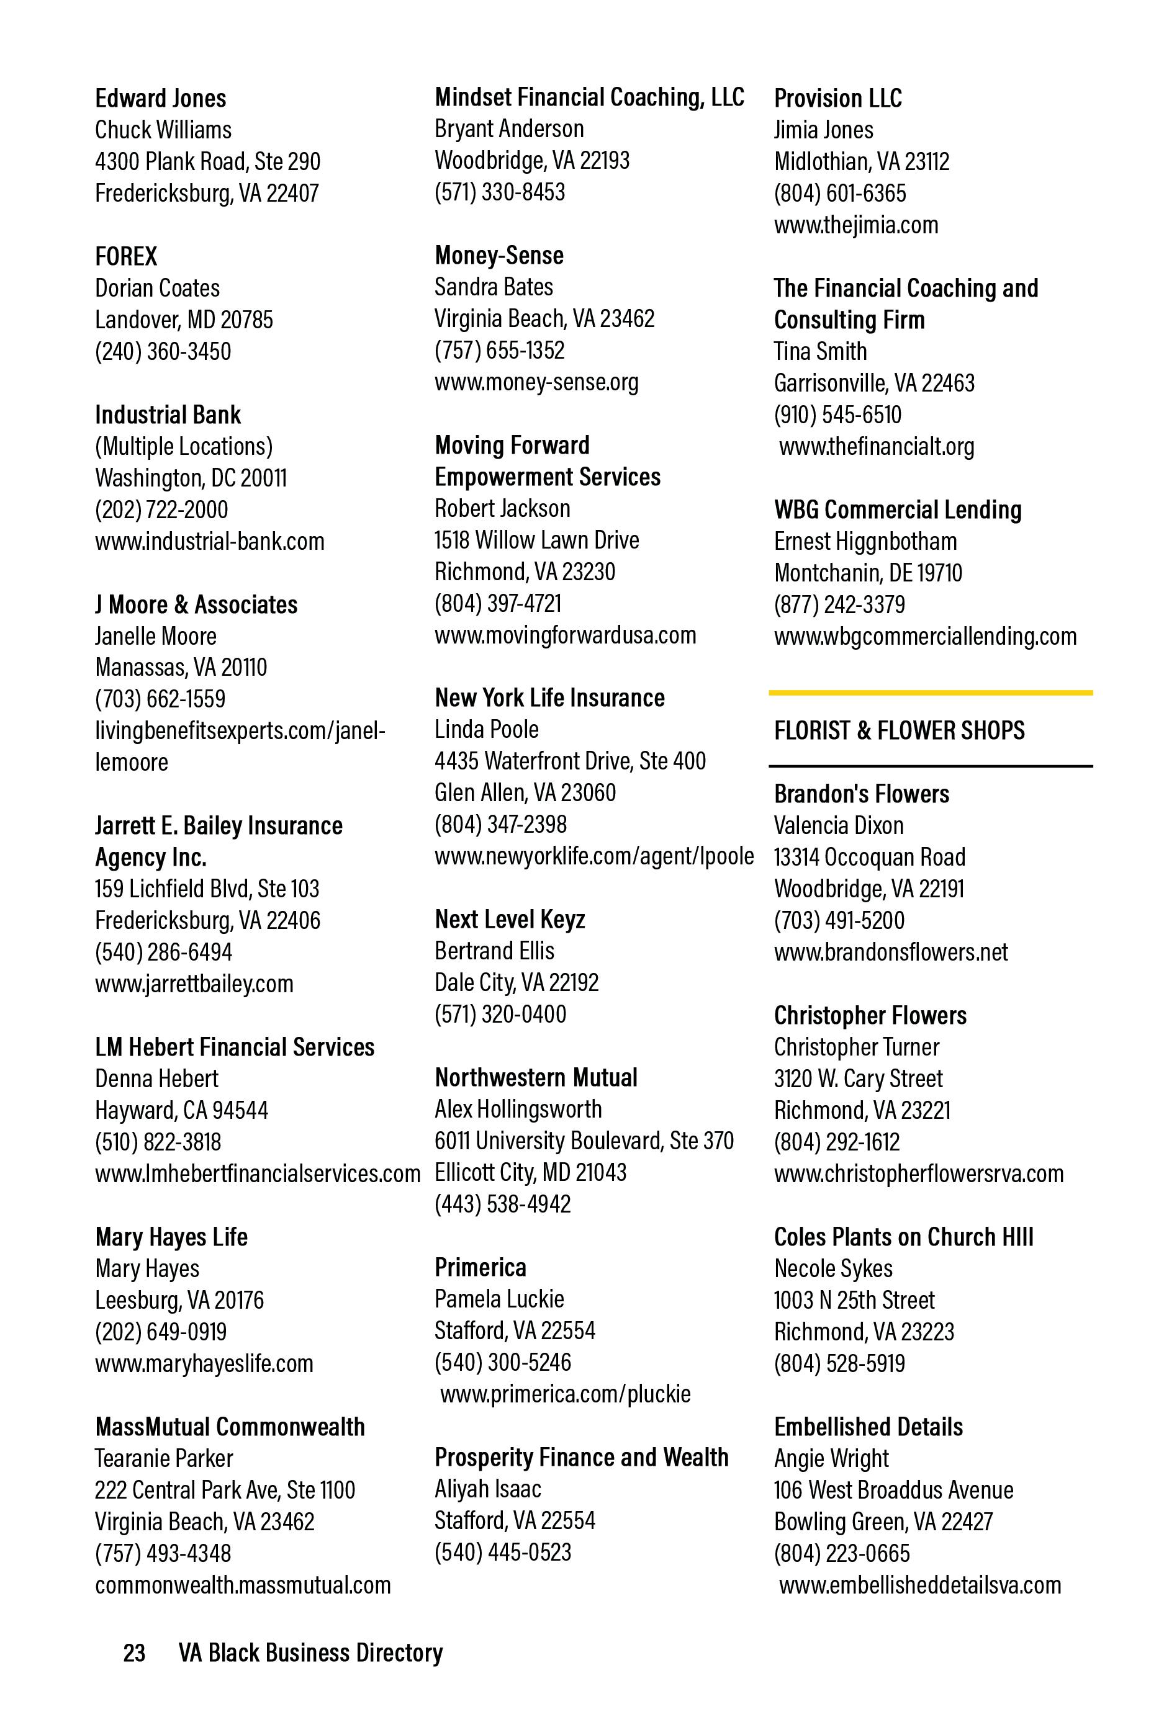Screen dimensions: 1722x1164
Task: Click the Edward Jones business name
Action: pos(160,99)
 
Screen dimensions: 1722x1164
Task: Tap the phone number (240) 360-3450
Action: pos(163,351)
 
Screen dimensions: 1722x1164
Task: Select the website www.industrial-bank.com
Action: pos(209,542)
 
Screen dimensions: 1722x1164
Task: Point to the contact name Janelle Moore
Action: pos(156,637)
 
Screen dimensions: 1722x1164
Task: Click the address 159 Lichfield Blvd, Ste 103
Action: pos(207,889)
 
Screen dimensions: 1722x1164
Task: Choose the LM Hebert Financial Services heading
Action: pos(234,1047)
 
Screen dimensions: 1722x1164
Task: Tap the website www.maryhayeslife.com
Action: pos(204,1364)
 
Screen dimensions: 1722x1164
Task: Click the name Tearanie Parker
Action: pos(163,1459)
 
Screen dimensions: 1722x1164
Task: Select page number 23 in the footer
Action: pos(134,1653)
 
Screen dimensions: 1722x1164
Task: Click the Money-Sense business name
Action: pos(499,256)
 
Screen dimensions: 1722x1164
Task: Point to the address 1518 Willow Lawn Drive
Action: pos(537,540)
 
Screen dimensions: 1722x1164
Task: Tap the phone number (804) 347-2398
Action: pos(500,825)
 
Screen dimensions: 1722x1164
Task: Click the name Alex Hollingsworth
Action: pos(518,1110)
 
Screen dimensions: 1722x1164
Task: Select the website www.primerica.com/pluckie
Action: pos(565,1394)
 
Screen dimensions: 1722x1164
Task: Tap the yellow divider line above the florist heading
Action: pos(930,693)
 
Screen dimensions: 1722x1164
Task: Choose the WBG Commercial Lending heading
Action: pos(897,510)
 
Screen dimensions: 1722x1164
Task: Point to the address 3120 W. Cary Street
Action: pos(858,1079)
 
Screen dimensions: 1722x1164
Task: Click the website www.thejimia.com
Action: pos(855,225)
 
